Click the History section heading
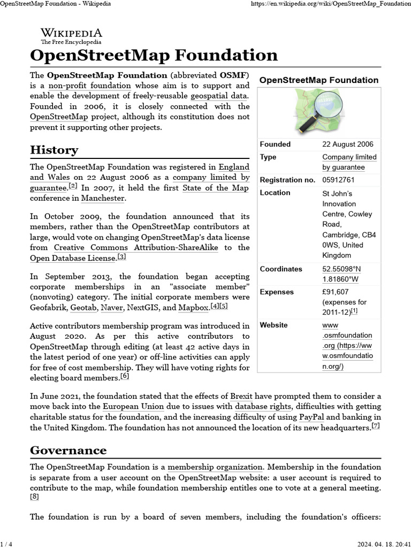point(54,150)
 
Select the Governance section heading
point(68,450)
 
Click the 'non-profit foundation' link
point(89,86)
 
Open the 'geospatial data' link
point(218,96)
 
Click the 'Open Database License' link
point(73,258)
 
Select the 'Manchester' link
point(103,198)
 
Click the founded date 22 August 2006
point(348,144)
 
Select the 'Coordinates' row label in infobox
point(281,269)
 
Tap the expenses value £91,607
point(336,292)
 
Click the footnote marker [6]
point(124,376)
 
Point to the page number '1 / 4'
point(6,543)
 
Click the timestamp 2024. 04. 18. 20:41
point(381,543)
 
